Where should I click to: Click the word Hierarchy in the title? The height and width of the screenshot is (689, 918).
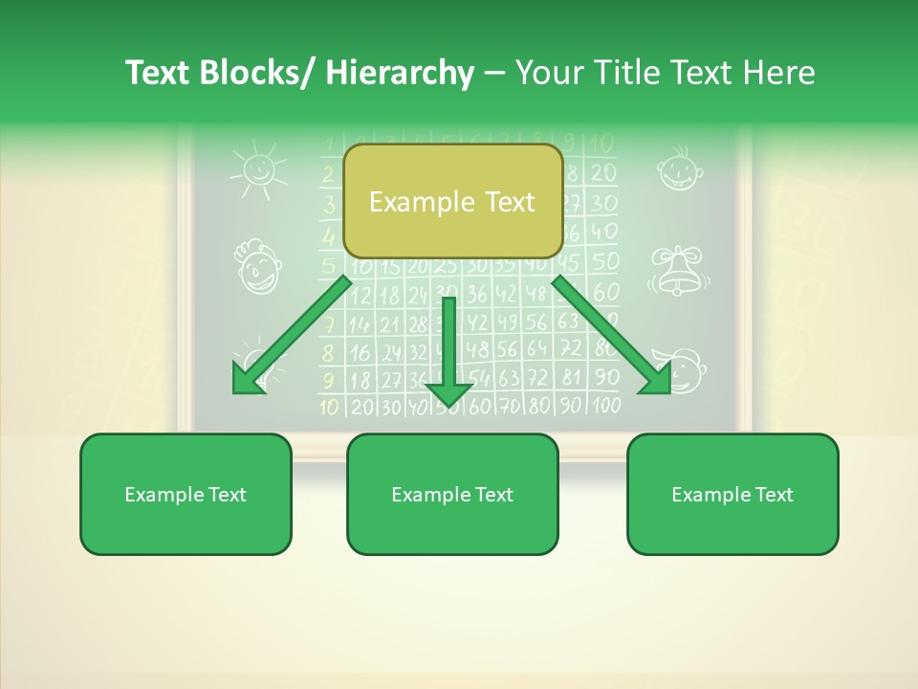coord(400,73)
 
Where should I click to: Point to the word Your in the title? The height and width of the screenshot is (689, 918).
coord(549,73)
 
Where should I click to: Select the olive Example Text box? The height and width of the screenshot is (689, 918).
coord(452,202)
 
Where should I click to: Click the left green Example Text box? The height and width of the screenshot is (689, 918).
coord(186,494)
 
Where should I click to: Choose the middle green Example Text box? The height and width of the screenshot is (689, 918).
coord(452,494)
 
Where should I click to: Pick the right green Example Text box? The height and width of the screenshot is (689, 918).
coord(732,494)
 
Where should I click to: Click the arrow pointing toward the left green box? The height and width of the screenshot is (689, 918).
coord(292,335)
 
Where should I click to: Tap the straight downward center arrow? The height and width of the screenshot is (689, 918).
coord(449,354)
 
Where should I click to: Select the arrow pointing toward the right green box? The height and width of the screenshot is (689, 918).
coord(612,335)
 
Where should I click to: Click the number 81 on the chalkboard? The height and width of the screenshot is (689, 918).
coord(571,377)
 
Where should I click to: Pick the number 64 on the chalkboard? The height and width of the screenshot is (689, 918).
coord(538,349)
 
